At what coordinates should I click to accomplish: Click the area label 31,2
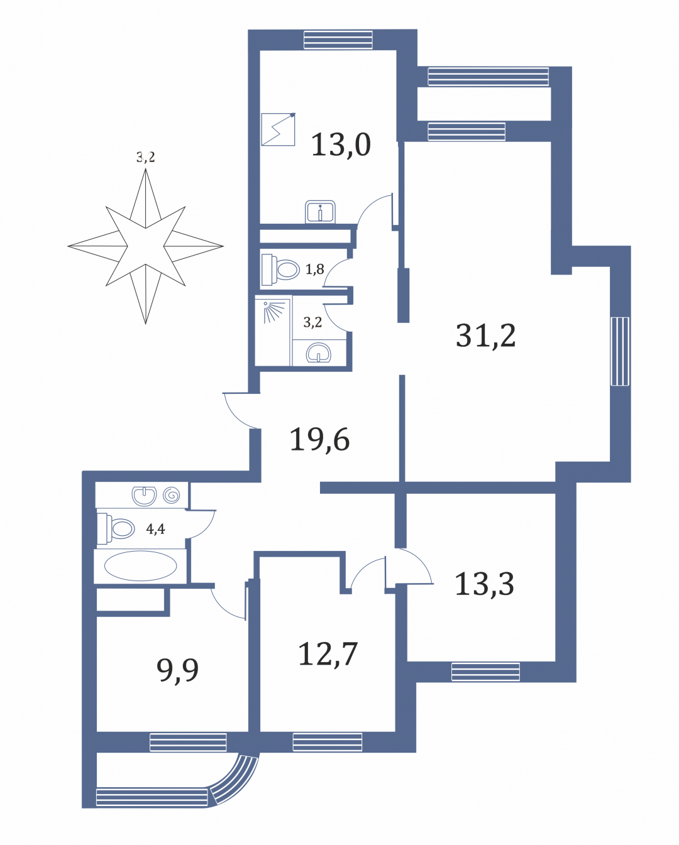[x=485, y=336]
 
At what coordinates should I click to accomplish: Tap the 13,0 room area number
[x=341, y=144]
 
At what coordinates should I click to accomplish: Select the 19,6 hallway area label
[x=319, y=439]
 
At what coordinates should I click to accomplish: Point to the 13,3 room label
[x=485, y=584]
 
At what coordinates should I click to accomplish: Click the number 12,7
[x=328, y=653]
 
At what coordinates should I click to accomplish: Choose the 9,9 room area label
[x=177, y=671]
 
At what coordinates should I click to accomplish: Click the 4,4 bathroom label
[x=156, y=529]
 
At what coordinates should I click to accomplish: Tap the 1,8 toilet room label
[x=315, y=270]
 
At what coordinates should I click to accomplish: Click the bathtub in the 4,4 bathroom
[x=140, y=566]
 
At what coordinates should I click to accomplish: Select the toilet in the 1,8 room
[x=280, y=270]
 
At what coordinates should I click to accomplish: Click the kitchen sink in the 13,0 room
[x=320, y=212]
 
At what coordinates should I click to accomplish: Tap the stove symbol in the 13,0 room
[x=278, y=129]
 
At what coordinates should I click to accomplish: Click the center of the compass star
[x=145, y=246]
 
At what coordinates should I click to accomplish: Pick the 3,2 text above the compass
[x=146, y=158]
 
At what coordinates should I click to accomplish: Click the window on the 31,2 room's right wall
[x=620, y=351]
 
